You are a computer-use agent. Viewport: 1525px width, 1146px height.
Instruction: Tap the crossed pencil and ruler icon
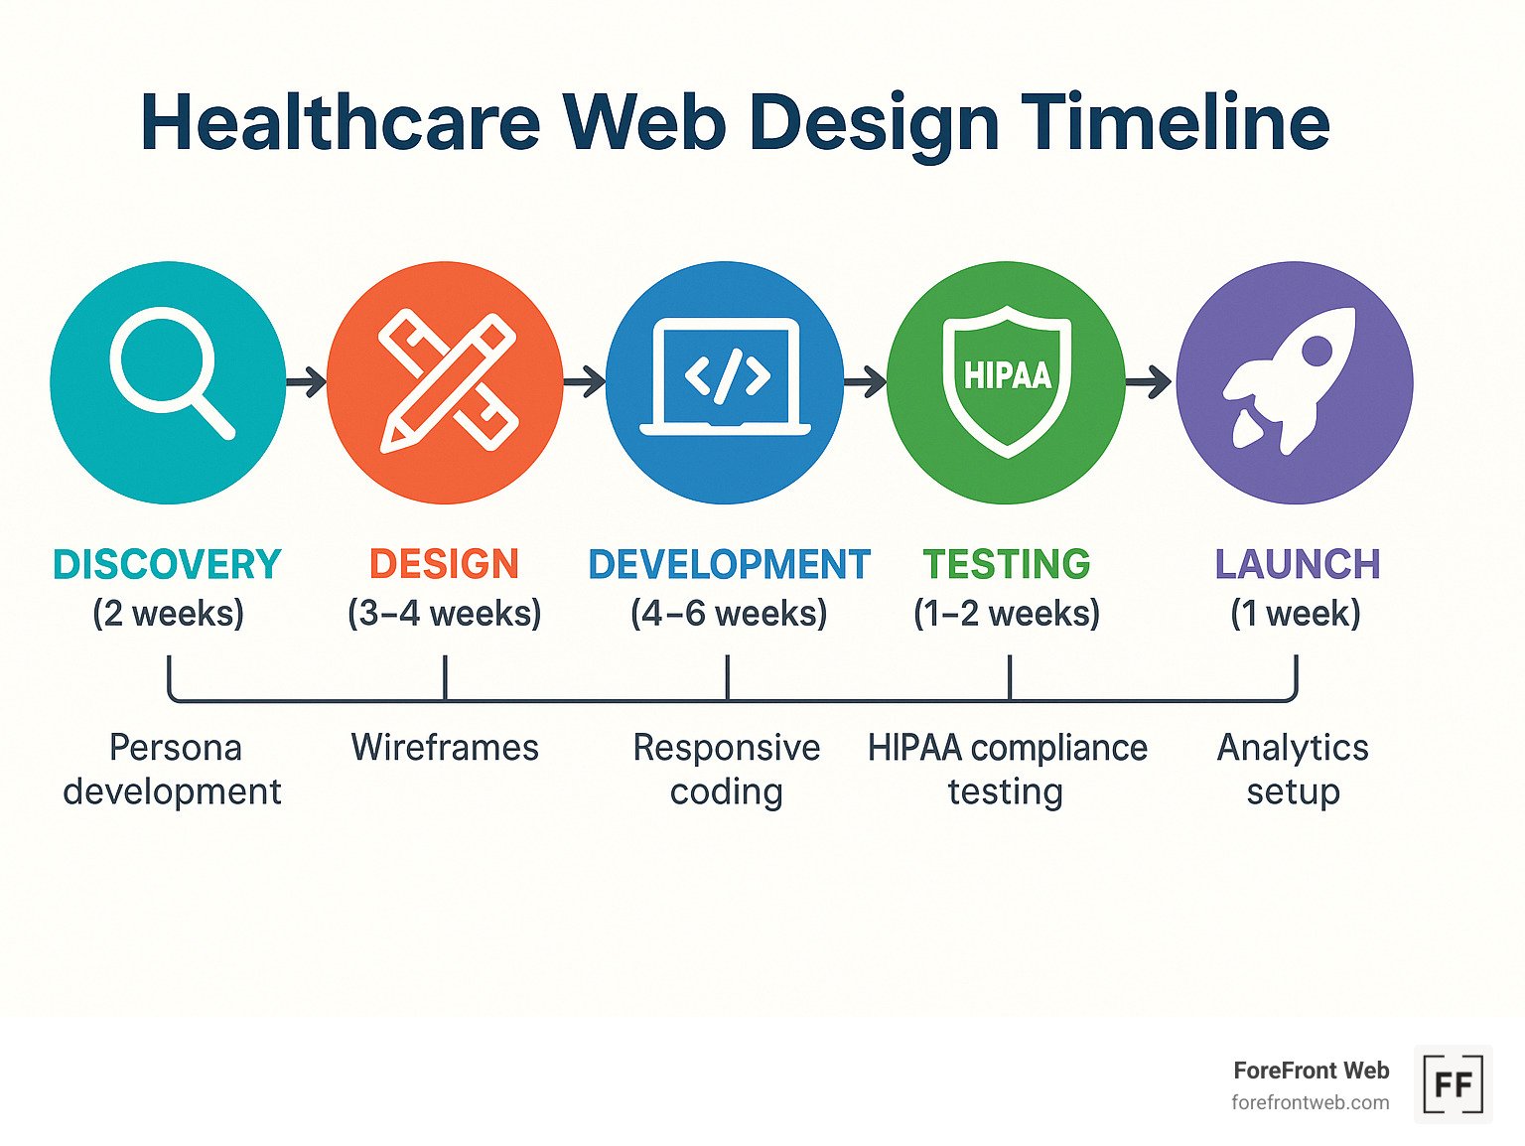pyautogui.click(x=448, y=381)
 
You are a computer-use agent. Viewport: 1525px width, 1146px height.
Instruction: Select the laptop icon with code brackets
pyautogui.click(x=725, y=376)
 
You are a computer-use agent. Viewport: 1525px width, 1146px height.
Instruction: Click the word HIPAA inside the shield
pyautogui.click(x=1007, y=375)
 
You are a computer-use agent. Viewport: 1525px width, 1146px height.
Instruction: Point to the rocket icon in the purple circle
pyautogui.click(x=1290, y=381)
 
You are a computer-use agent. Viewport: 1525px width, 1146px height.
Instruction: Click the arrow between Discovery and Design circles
pyautogui.click(x=307, y=381)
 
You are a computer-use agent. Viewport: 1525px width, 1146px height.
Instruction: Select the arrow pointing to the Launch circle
pyautogui.click(x=1149, y=381)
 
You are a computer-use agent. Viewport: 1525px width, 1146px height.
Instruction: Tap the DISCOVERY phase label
pyautogui.click(x=168, y=564)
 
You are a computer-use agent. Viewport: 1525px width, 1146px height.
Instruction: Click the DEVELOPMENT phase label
pyautogui.click(x=729, y=564)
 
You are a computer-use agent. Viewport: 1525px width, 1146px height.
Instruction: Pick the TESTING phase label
pyautogui.click(x=1007, y=564)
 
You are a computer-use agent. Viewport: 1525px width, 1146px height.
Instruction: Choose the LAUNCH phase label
pyautogui.click(x=1297, y=564)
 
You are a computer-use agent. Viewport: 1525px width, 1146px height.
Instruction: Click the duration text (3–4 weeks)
pyautogui.click(x=445, y=614)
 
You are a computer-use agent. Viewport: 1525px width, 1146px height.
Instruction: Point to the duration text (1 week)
pyautogui.click(x=1296, y=614)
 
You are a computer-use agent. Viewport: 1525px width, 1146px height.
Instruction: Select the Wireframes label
pyautogui.click(x=445, y=748)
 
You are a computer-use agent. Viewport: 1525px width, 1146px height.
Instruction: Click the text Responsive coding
pyautogui.click(x=727, y=770)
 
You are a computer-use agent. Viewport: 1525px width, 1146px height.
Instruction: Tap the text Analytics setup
pyautogui.click(x=1293, y=770)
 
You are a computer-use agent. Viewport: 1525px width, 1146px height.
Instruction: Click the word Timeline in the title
pyautogui.click(x=1176, y=123)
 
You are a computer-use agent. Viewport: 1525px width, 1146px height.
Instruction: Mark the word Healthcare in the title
pyautogui.click(x=341, y=121)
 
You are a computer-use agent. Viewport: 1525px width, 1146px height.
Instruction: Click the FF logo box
pyautogui.click(x=1453, y=1084)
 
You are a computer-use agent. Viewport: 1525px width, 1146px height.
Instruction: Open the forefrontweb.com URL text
pyautogui.click(x=1311, y=1103)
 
